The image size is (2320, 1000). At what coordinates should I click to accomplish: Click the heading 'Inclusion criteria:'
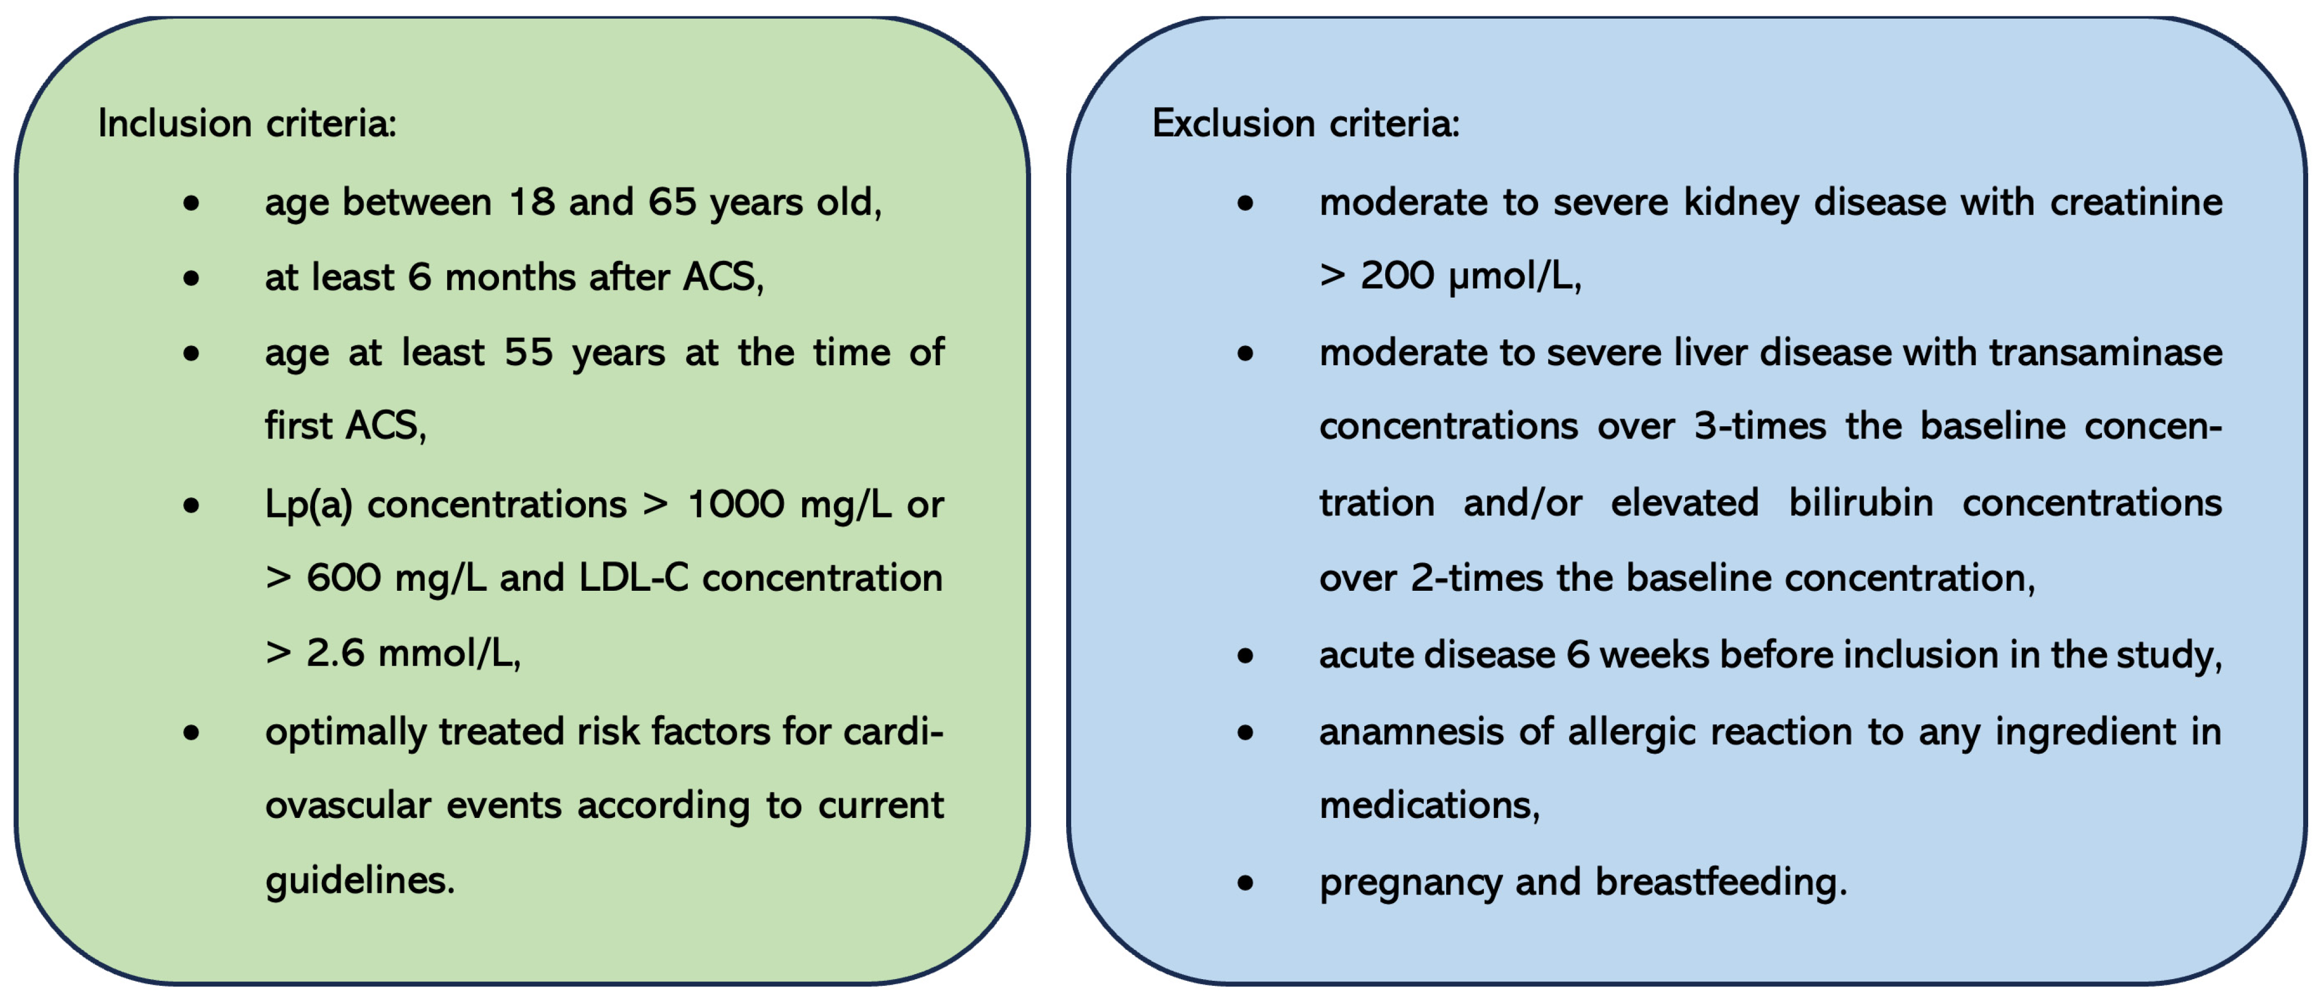[247, 123]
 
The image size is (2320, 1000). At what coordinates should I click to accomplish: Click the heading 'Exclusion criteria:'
[1305, 123]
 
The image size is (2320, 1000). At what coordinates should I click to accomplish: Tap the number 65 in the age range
[672, 202]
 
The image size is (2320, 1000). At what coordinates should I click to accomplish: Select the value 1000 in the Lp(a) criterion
[735, 504]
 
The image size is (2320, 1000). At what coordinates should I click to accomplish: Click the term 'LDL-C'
[633, 578]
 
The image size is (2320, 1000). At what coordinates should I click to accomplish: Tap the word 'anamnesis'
[1411, 732]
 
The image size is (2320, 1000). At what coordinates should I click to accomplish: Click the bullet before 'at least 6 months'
[191, 278]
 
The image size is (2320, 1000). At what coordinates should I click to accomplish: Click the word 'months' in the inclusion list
[510, 277]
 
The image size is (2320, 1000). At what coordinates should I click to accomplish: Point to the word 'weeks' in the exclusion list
[1654, 654]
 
